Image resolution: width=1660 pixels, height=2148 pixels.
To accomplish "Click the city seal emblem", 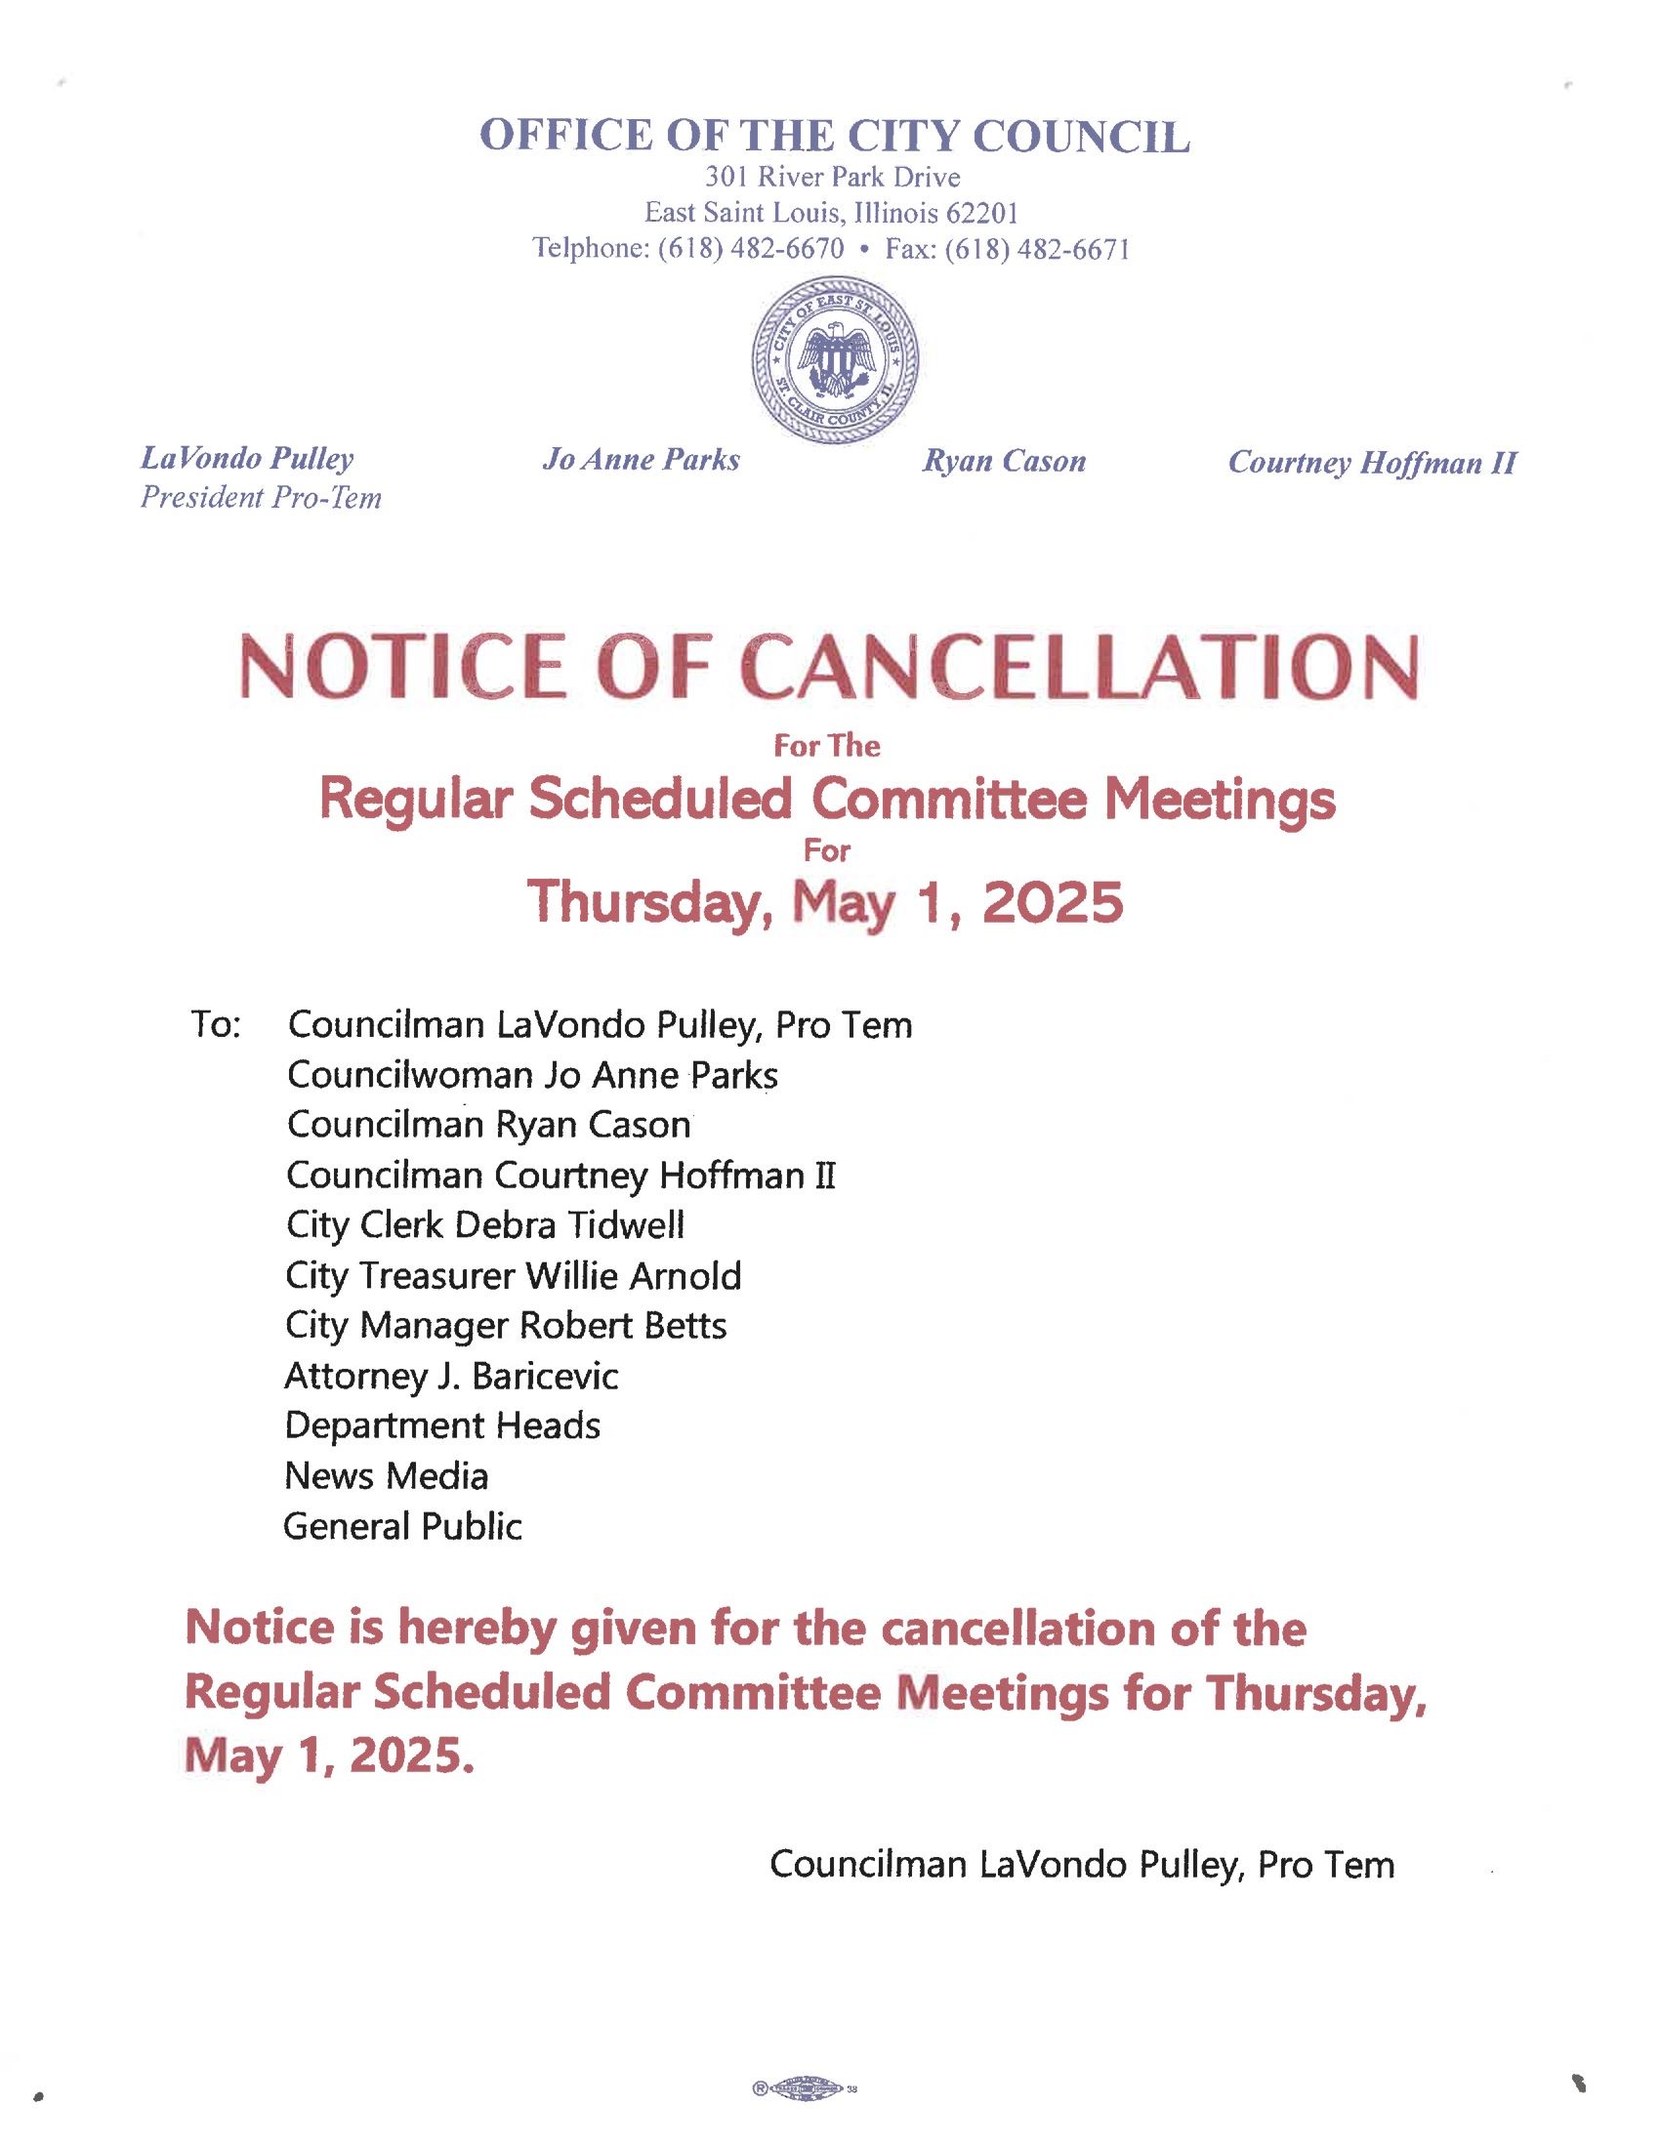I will click(x=835, y=359).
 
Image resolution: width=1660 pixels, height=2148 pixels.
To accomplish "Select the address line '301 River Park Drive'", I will click(x=832, y=177).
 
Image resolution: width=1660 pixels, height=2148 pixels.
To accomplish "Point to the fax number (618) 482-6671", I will click(x=1036, y=249).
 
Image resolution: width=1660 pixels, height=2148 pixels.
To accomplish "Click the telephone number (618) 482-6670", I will click(x=749, y=249).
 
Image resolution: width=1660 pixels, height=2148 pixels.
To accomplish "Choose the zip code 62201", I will click(x=982, y=213).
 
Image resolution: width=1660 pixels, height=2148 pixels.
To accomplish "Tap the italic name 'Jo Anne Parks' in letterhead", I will click(x=642, y=459).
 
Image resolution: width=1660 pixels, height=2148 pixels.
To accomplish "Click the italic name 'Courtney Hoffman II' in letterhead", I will click(x=1372, y=462).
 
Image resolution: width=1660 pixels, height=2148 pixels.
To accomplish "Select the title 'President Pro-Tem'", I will click(x=261, y=498).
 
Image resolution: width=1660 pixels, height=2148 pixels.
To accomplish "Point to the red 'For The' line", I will click(x=826, y=747).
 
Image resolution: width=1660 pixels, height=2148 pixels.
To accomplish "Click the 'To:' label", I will click(x=216, y=1026).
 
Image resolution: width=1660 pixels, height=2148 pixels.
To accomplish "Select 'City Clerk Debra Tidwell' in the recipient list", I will click(x=485, y=1225).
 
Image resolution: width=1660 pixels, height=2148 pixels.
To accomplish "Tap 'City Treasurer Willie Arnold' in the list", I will click(x=513, y=1276).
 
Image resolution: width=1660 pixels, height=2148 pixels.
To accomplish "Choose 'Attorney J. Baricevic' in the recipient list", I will click(x=451, y=1376).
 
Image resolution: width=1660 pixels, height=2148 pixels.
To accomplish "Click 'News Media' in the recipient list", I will click(x=386, y=1476).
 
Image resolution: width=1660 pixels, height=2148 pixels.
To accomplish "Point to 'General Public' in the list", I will click(x=402, y=1526).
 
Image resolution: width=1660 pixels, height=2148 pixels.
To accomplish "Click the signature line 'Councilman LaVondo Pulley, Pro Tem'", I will click(x=1082, y=1865).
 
